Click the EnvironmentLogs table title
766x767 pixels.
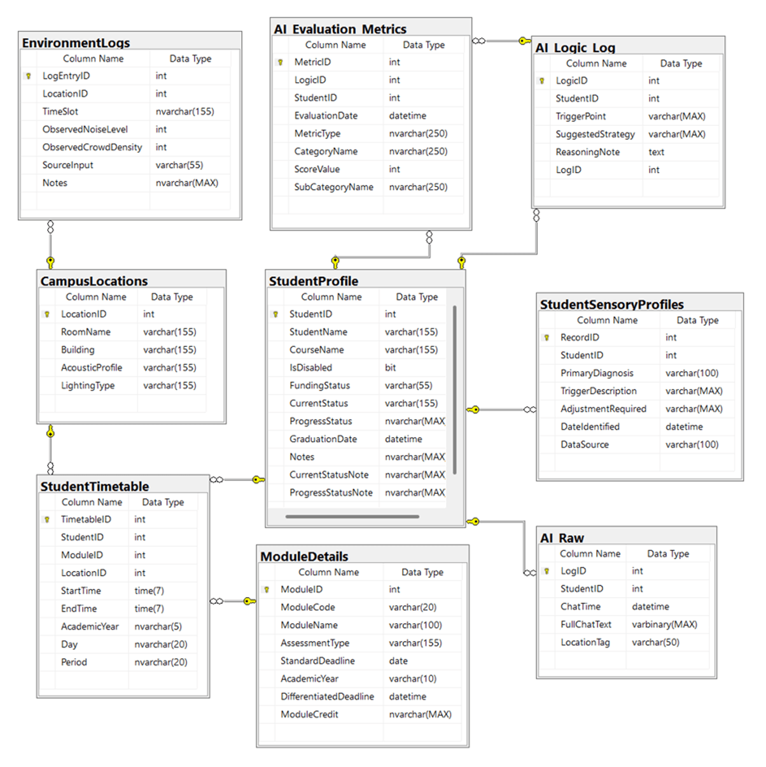click(76, 43)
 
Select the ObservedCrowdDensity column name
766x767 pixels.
click(92, 147)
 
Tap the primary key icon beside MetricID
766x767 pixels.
click(280, 62)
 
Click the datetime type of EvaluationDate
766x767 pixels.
click(407, 116)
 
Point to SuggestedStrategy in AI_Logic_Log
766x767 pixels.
click(595, 134)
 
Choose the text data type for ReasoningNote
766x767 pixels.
click(656, 152)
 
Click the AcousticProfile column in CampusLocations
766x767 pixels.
click(92, 368)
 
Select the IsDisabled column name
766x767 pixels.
click(310, 368)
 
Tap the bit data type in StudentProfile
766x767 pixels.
click(390, 368)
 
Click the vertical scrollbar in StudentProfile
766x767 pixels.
click(454, 390)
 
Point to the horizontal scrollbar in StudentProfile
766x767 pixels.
click(352, 517)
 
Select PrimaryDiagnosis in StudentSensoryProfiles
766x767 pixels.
click(597, 374)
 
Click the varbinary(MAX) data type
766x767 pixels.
click(664, 624)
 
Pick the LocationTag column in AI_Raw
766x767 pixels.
click(585, 642)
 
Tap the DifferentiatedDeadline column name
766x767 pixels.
click(327, 696)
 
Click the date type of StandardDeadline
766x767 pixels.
click(398, 661)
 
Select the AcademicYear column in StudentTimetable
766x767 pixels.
click(90, 626)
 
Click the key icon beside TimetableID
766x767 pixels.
click(47, 519)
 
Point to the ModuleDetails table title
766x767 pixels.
click(304, 556)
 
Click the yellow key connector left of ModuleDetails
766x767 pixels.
click(249, 601)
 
